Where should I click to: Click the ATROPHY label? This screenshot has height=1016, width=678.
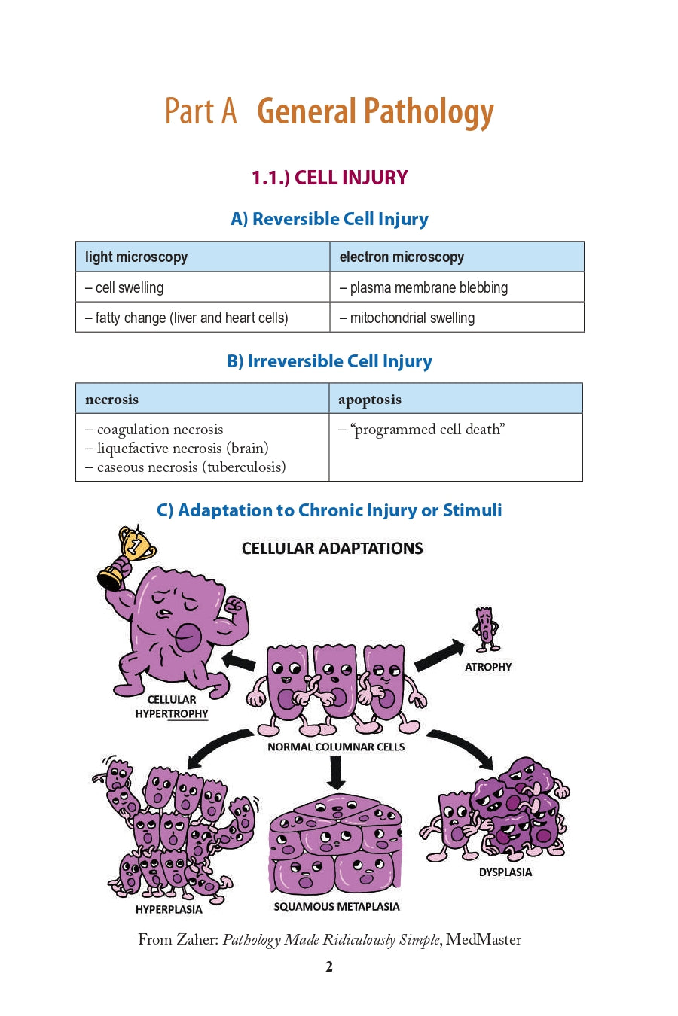coord(488,667)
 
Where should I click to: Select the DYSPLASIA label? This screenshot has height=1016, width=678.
coord(505,872)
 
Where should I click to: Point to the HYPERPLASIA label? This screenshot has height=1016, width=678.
coord(169,909)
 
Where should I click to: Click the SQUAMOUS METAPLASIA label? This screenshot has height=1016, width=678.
coord(337,907)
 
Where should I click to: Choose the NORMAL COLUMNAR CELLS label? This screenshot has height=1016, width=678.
coord(336,747)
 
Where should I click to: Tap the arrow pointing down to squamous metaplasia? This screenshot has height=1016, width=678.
coord(336,772)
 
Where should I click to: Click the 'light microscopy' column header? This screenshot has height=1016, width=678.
coord(136,257)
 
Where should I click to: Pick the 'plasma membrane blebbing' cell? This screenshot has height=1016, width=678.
coord(428,287)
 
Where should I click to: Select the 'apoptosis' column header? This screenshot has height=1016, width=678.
coord(370,400)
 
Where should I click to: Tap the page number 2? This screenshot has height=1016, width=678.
coord(329,967)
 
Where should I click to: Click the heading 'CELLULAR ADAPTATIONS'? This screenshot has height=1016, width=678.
coord(332,549)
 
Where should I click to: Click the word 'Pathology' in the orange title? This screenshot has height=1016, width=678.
coord(429,113)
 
